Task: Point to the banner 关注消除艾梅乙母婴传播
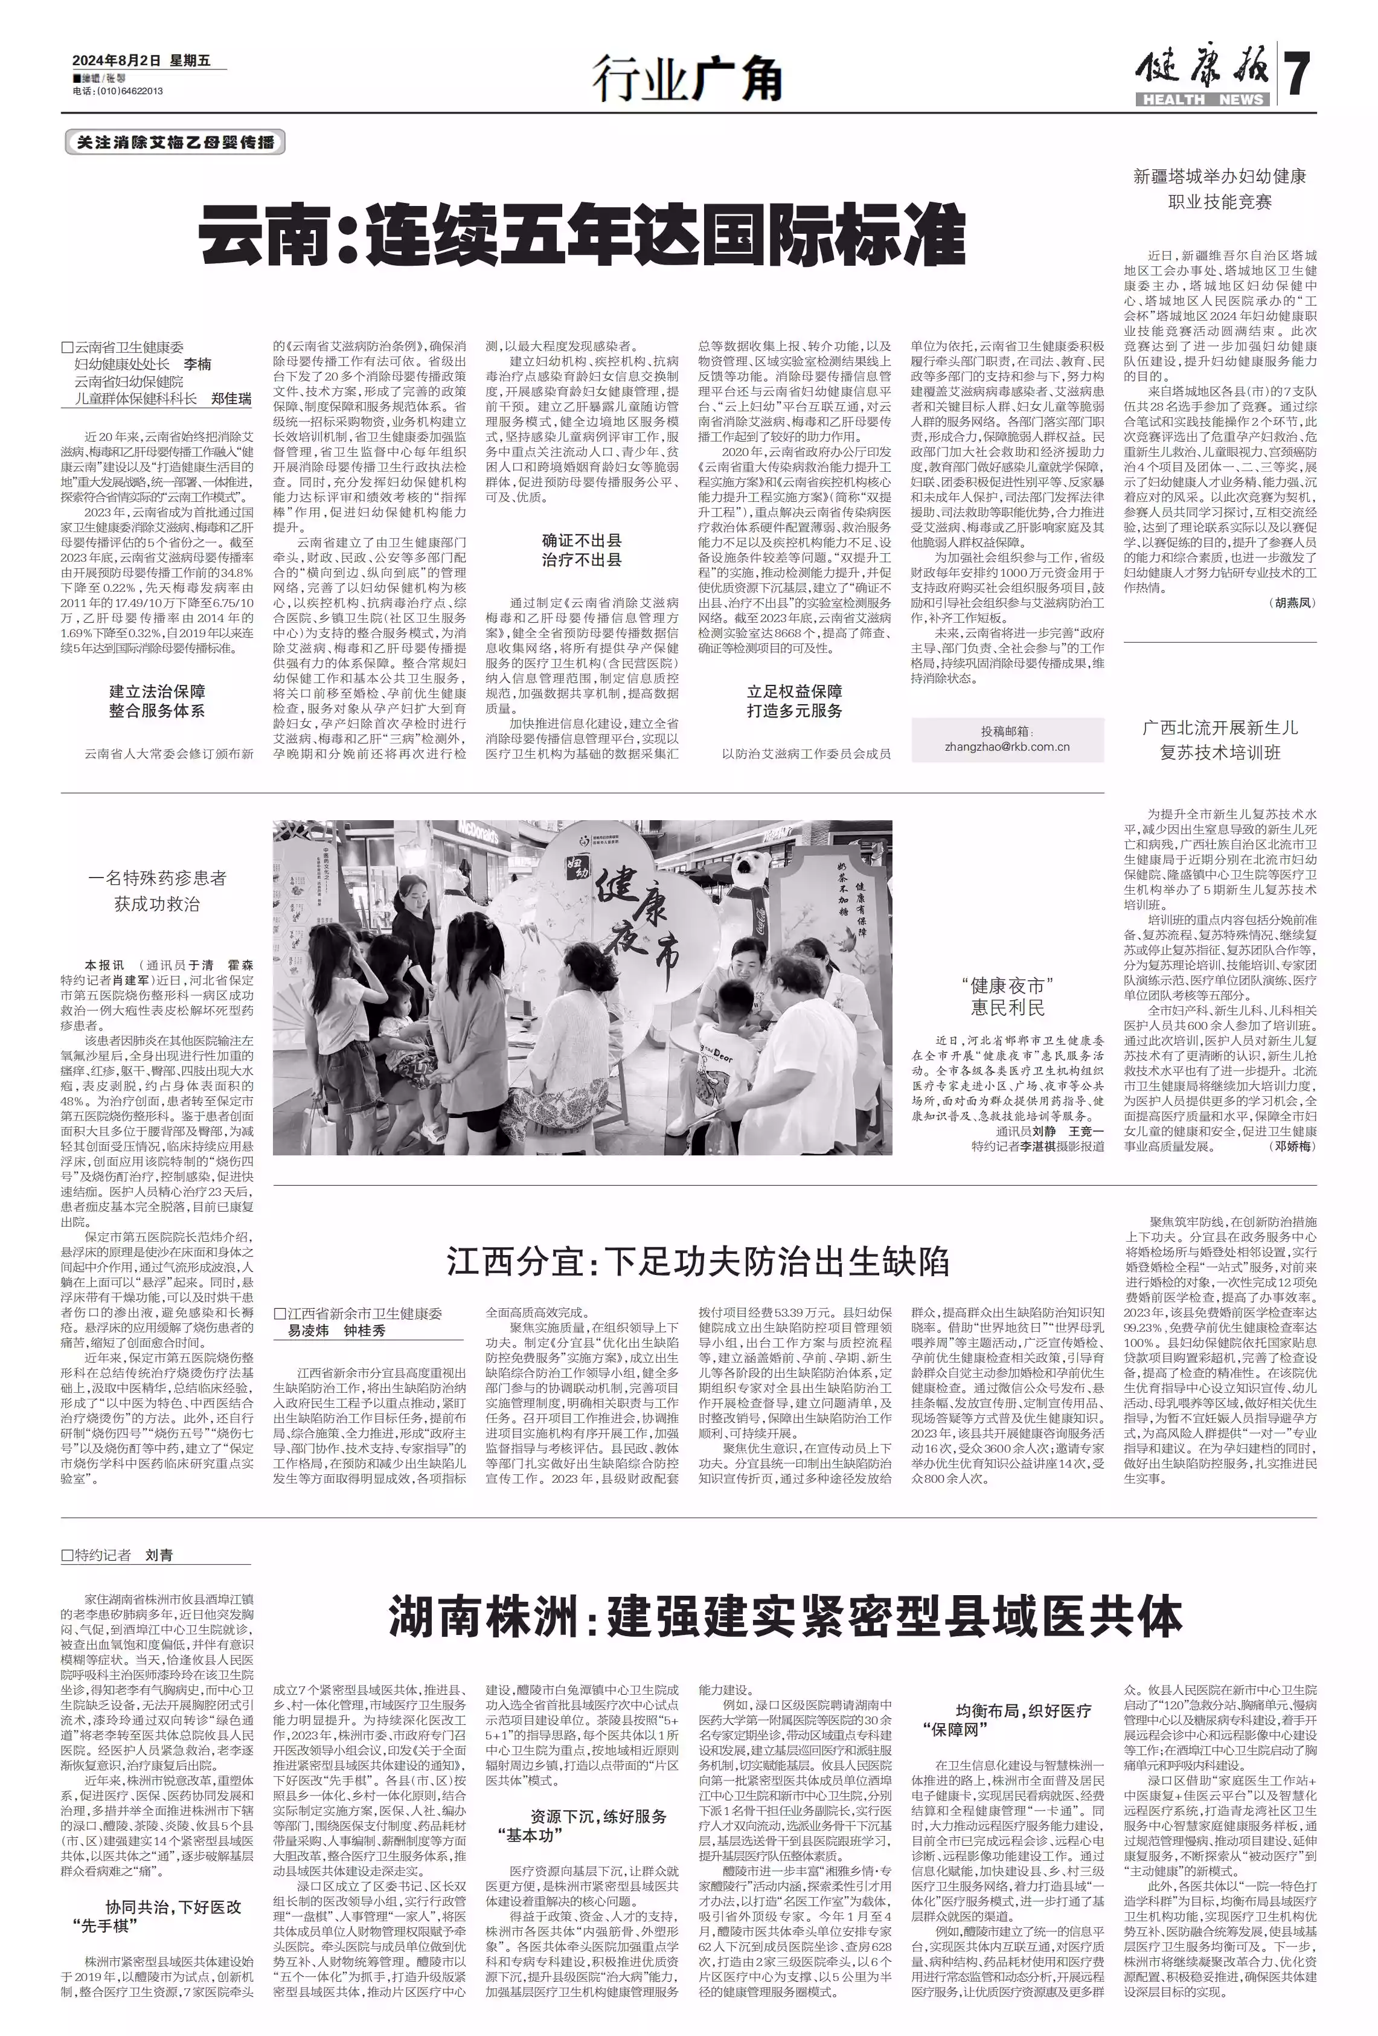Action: (175, 142)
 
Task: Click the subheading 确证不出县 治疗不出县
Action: (582, 550)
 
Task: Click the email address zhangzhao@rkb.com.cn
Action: (1007, 747)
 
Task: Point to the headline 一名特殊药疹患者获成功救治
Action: (157, 891)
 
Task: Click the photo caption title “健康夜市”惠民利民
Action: (1007, 996)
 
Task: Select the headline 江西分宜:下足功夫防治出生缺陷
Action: (697, 1262)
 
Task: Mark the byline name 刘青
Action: (159, 1555)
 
